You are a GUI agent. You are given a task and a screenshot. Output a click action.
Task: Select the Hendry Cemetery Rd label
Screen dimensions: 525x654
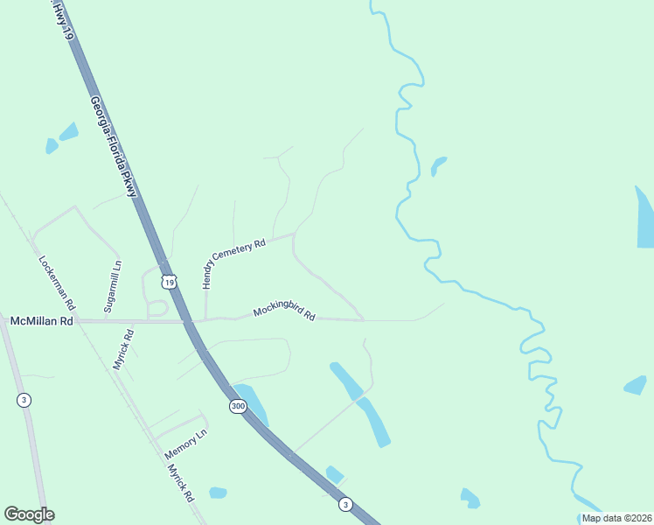coord(233,264)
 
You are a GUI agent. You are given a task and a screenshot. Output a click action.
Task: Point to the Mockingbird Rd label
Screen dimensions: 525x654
coord(284,312)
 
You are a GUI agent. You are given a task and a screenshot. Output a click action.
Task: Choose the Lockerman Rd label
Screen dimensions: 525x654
coord(58,283)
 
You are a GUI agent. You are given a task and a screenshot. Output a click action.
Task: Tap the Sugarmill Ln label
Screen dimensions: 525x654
coord(113,286)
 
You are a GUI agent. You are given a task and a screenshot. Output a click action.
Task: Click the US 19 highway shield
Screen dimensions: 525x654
coord(169,282)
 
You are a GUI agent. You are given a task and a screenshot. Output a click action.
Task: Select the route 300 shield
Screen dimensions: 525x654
coord(238,407)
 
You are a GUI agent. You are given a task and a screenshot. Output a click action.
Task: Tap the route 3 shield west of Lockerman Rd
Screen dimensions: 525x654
coord(22,400)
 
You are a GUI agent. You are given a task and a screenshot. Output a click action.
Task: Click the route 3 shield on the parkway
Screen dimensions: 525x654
coord(345,505)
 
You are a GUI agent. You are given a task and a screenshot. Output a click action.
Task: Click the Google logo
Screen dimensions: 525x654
coord(29,514)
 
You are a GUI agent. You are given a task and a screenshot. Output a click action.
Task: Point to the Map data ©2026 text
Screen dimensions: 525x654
coord(616,518)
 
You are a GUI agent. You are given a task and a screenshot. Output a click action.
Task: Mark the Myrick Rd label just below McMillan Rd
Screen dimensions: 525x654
coord(122,349)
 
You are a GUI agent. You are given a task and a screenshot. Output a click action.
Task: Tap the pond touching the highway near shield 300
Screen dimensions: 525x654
coord(251,402)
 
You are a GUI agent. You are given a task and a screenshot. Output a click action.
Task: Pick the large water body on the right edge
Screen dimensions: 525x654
coord(644,219)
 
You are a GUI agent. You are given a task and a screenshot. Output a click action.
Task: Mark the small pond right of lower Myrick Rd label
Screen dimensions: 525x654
coord(218,493)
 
